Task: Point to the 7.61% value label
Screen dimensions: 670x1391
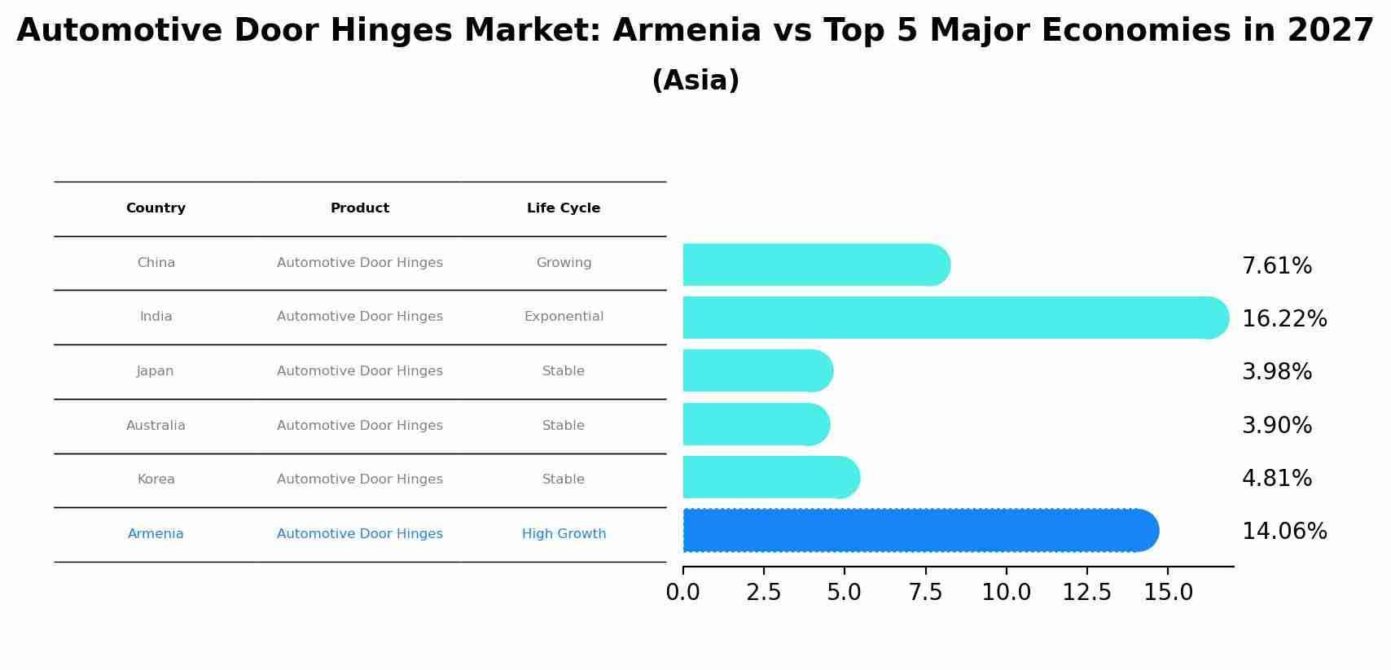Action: [x=1276, y=266]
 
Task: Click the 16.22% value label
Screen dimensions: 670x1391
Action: [x=1283, y=319]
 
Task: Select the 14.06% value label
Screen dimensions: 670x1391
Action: [x=1283, y=532]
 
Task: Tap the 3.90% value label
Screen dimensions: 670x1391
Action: [x=1276, y=426]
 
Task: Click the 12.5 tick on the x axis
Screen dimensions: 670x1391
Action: [x=1086, y=593]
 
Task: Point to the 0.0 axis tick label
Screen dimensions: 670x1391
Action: [x=682, y=593]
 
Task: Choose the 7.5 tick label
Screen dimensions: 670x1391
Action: [x=925, y=593]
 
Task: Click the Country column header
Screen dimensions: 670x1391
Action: [x=156, y=208]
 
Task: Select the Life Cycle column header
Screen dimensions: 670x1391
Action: [x=564, y=208]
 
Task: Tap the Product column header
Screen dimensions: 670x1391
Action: [x=360, y=208]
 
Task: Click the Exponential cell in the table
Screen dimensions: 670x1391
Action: [x=564, y=317]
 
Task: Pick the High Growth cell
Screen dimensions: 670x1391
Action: [x=564, y=534]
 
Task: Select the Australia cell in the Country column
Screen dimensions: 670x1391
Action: [x=156, y=426]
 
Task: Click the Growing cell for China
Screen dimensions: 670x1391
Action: [x=564, y=263]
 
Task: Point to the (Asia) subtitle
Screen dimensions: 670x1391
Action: [x=695, y=81]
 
